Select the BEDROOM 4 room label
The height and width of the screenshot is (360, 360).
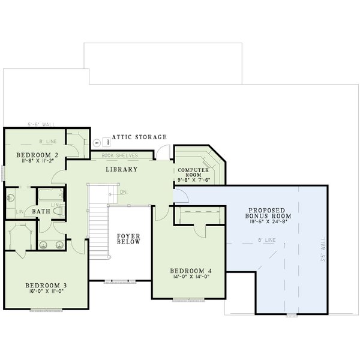click(189, 270)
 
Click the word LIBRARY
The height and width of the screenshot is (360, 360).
click(122, 169)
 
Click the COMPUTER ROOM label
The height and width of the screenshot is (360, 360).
click(193, 173)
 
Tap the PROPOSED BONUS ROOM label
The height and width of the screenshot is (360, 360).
click(269, 212)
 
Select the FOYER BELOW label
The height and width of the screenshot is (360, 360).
click(128, 239)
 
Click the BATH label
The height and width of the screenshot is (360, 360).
click(41, 211)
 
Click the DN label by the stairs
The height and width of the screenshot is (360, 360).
click(123, 192)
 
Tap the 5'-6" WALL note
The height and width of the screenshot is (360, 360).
click(41, 125)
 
